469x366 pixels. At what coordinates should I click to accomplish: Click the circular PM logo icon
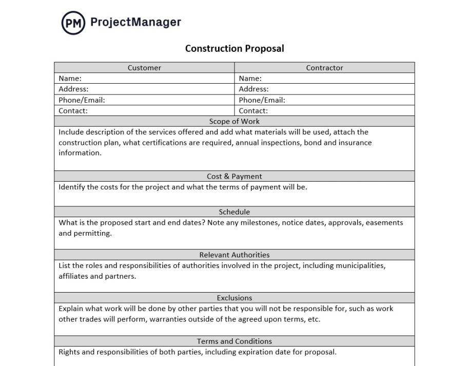(x=73, y=23)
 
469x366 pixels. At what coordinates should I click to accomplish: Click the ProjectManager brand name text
(x=135, y=22)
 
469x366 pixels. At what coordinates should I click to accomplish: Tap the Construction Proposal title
(x=234, y=49)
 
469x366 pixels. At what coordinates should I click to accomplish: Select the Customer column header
(x=144, y=68)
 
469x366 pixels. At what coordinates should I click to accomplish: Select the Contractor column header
(x=324, y=68)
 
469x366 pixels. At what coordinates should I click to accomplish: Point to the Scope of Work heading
(x=234, y=122)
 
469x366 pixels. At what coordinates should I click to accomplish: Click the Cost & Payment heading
(x=234, y=176)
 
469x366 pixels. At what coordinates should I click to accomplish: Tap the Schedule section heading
(x=234, y=211)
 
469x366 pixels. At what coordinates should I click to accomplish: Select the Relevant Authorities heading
(x=234, y=255)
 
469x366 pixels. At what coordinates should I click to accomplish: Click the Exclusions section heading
(x=234, y=298)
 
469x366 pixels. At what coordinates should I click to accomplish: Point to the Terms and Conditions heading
(x=234, y=341)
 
